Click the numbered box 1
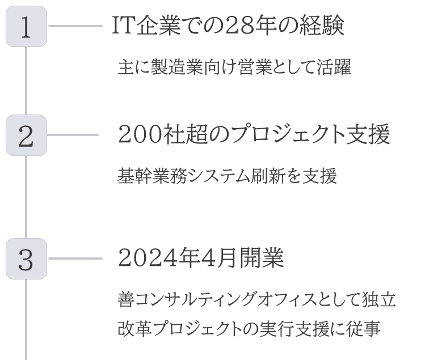click(x=26, y=26)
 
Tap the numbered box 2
click(x=26, y=135)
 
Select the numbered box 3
click(x=26, y=259)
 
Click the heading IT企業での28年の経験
click(x=228, y=26)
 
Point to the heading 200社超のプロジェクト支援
click(x=254, y=134)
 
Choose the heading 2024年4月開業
click(x=201, y=257)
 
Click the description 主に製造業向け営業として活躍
click(x=234, y=66)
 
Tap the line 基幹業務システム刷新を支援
click(x=227, y=176)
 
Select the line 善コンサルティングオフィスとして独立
click(x=257, y=299)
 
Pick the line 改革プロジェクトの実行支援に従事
click(x=249, y=329)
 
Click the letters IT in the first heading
click(x=123, y=26)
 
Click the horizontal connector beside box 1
click(x=75, y=26)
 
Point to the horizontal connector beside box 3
click(x=75, y=259)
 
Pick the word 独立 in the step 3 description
click(x=379, y=299)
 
